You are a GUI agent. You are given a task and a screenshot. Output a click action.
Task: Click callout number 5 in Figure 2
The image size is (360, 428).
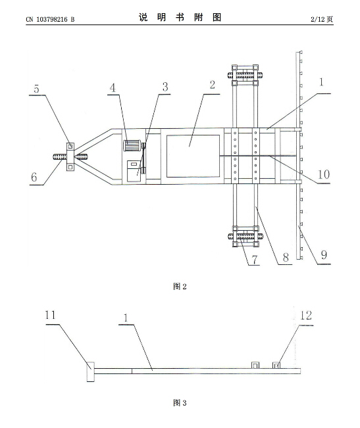pyautogui.click(x=37, y=89)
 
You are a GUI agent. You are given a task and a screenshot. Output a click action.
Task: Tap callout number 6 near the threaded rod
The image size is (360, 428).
pyautogui.click(x=34, y=177)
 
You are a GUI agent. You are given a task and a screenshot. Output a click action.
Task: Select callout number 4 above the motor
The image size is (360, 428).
pyautogui.click(x=113, y=88)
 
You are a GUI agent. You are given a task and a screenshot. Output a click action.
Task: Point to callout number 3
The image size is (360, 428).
pyautogui.click(x=165, y=87)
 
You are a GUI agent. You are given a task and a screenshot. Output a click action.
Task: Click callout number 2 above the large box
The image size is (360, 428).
pyautogui.click(x=212, y=85)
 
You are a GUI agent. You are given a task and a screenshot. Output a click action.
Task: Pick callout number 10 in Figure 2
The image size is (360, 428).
pyautogui.click(x=323, y=174)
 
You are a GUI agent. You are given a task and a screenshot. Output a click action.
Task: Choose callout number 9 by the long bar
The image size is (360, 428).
pyautogui.click(x=324, y=254)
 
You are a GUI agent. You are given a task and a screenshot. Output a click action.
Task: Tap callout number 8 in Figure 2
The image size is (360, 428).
pyautogui.click(x=286, y=257)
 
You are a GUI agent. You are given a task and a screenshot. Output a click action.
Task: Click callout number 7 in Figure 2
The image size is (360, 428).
pyautogui.click(x=255, y=260)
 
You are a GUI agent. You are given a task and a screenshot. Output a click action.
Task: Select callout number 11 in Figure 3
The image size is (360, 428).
pyautogui.click(x=50, y=315)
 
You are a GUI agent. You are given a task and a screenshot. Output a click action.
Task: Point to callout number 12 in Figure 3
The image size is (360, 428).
pyautogui.click(x=306, y=316)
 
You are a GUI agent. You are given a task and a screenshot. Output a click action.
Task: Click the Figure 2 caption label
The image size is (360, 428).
pyautogui.click(x=180, y=287)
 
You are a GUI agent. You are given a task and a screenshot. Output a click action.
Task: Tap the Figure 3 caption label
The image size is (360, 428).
pyautogui.click(x=180, y=402)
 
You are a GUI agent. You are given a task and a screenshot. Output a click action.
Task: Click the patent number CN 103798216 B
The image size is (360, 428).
pyautogui.click(x=50, y=19)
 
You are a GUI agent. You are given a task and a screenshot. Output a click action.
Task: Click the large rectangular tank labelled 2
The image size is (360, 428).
pyautogui.click(x=193, y=156)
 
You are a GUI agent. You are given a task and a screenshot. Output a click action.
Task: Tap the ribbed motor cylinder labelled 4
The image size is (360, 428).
pyautogui.click(x=132, y=145)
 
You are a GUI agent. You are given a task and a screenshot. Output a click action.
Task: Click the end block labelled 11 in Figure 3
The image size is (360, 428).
pyautogui.click(x=91, y=371)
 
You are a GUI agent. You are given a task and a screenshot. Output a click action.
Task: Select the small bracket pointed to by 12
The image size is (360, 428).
pyautogui.click(x=276, y=365)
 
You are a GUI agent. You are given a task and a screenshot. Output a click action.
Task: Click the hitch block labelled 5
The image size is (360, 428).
pyautogui.click(x=70, y=156)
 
